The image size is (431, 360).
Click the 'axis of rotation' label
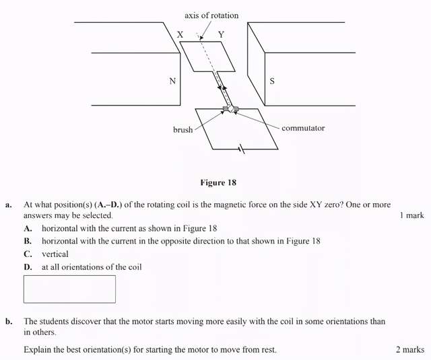coord(211,15)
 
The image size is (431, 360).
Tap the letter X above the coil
coord(180,34)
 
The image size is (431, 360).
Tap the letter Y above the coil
coord(222,34)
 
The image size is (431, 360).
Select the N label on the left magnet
coord(172,81)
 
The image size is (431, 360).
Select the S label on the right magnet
coord(272,81)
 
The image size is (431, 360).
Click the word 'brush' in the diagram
coord(183,130)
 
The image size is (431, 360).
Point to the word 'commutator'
coord(303,128)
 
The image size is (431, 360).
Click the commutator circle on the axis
coord(230,109)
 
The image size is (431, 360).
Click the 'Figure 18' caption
coord(218,182)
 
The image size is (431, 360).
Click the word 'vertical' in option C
coord(55,254)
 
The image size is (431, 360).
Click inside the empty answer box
coord(69,289)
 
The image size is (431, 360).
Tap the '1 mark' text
coord(411,215)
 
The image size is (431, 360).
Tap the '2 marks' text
coord(410,350)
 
